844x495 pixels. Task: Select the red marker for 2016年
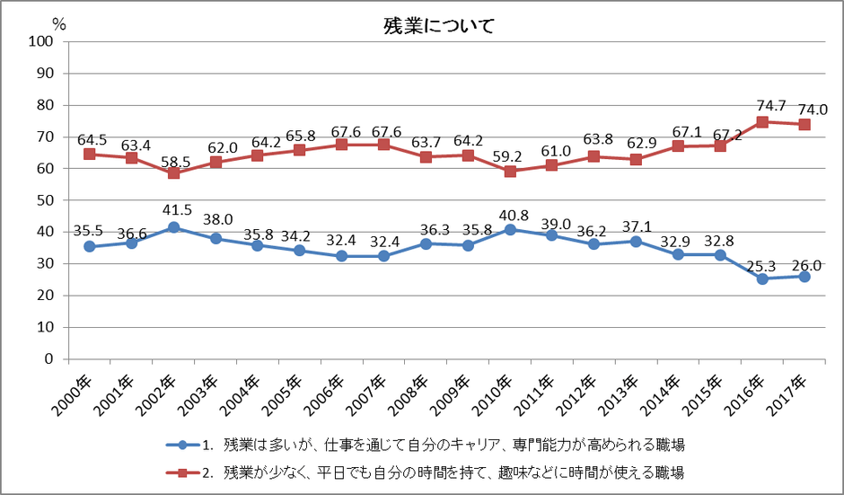pyautogui.click(x=762, y=122)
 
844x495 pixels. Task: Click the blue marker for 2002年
pyautogui.click(x=174, y=227)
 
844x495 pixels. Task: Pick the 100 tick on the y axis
pyautogui.click(x=41, y=41)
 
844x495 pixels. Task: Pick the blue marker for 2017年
pyautogui.click(x=804, y=276)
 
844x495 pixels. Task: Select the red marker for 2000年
pyautogui.click(x=90, y=154)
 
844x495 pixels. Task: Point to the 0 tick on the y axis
pyautogui.click(x=49, y=359)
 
